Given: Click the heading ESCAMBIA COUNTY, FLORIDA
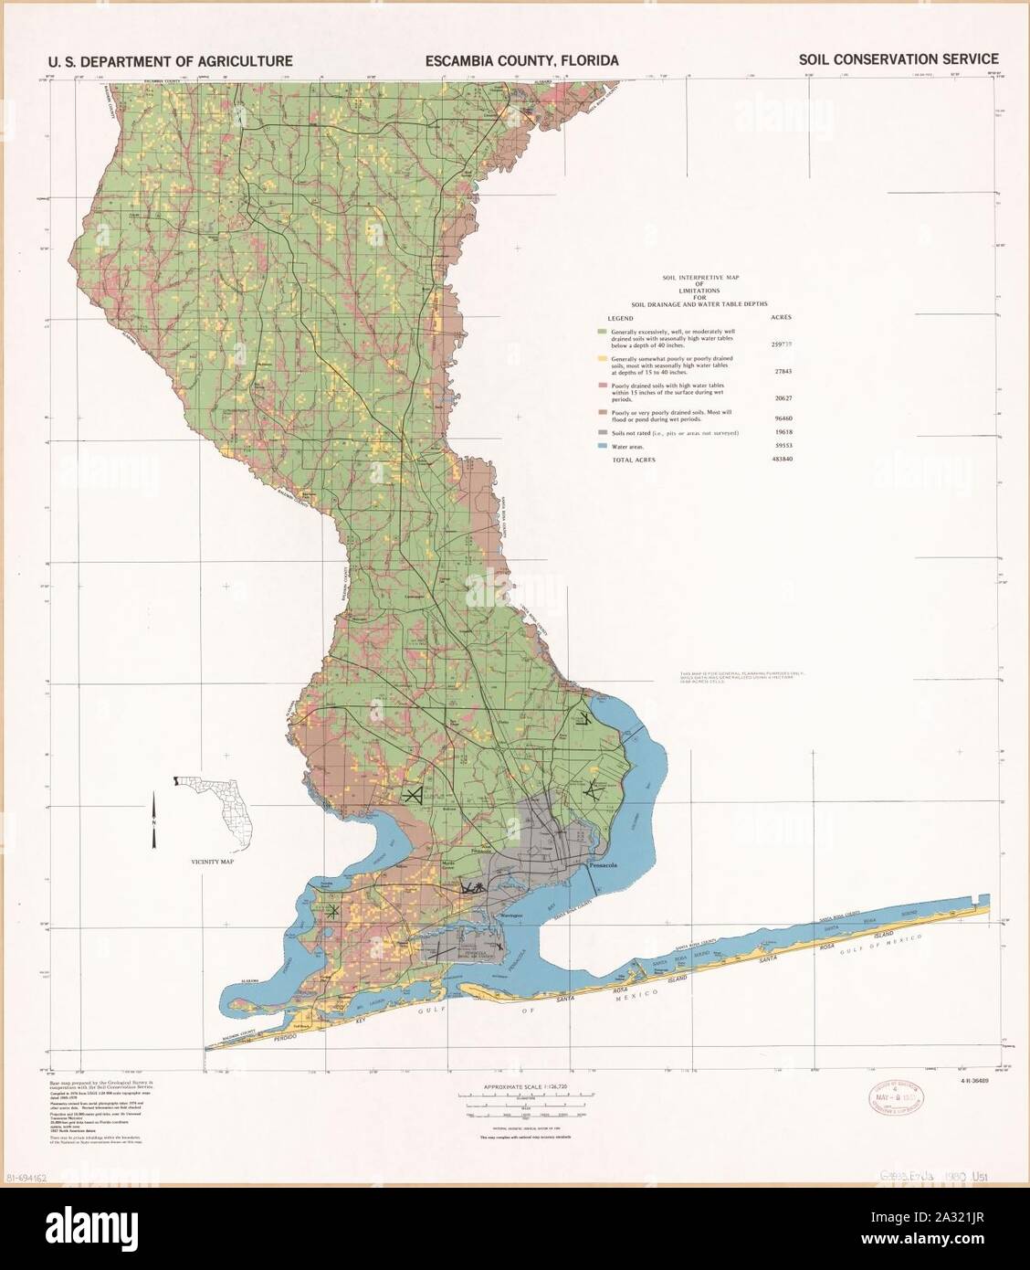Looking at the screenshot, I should click(521, 60).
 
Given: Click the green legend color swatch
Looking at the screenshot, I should click(601, 331).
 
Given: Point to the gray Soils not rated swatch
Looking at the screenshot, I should click(601, 432).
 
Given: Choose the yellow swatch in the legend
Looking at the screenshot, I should click(601, 359).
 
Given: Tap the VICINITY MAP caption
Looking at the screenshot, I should click(210, 862).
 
